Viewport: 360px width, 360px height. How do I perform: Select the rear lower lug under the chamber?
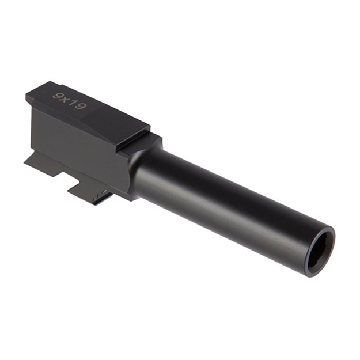[43, 164]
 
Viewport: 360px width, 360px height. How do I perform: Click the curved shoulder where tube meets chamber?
[138, 167]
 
